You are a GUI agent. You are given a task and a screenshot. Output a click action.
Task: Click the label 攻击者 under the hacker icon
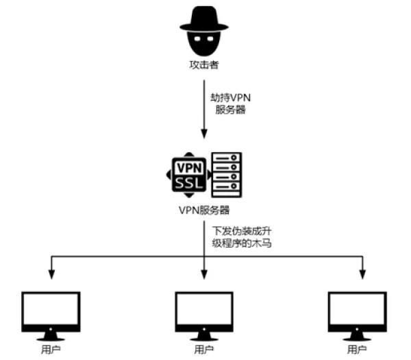coord(204,65)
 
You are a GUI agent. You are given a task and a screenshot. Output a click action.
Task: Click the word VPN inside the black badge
coord(187,167)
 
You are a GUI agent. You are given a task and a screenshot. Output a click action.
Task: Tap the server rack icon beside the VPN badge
coord(227,174)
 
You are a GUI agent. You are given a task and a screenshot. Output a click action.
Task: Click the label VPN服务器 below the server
coord(204,211)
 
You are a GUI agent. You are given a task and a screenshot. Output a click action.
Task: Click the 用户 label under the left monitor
coord(51,350)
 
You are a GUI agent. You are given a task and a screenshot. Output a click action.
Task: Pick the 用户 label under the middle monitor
coord(204,350)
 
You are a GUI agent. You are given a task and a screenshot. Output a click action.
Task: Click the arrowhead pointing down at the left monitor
coord(51,276)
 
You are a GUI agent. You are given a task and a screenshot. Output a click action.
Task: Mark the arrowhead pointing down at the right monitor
coord(362,276)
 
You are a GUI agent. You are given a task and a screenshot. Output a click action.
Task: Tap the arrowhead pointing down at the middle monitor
coord(204,276)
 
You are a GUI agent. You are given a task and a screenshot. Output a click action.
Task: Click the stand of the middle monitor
coord(204,335)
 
